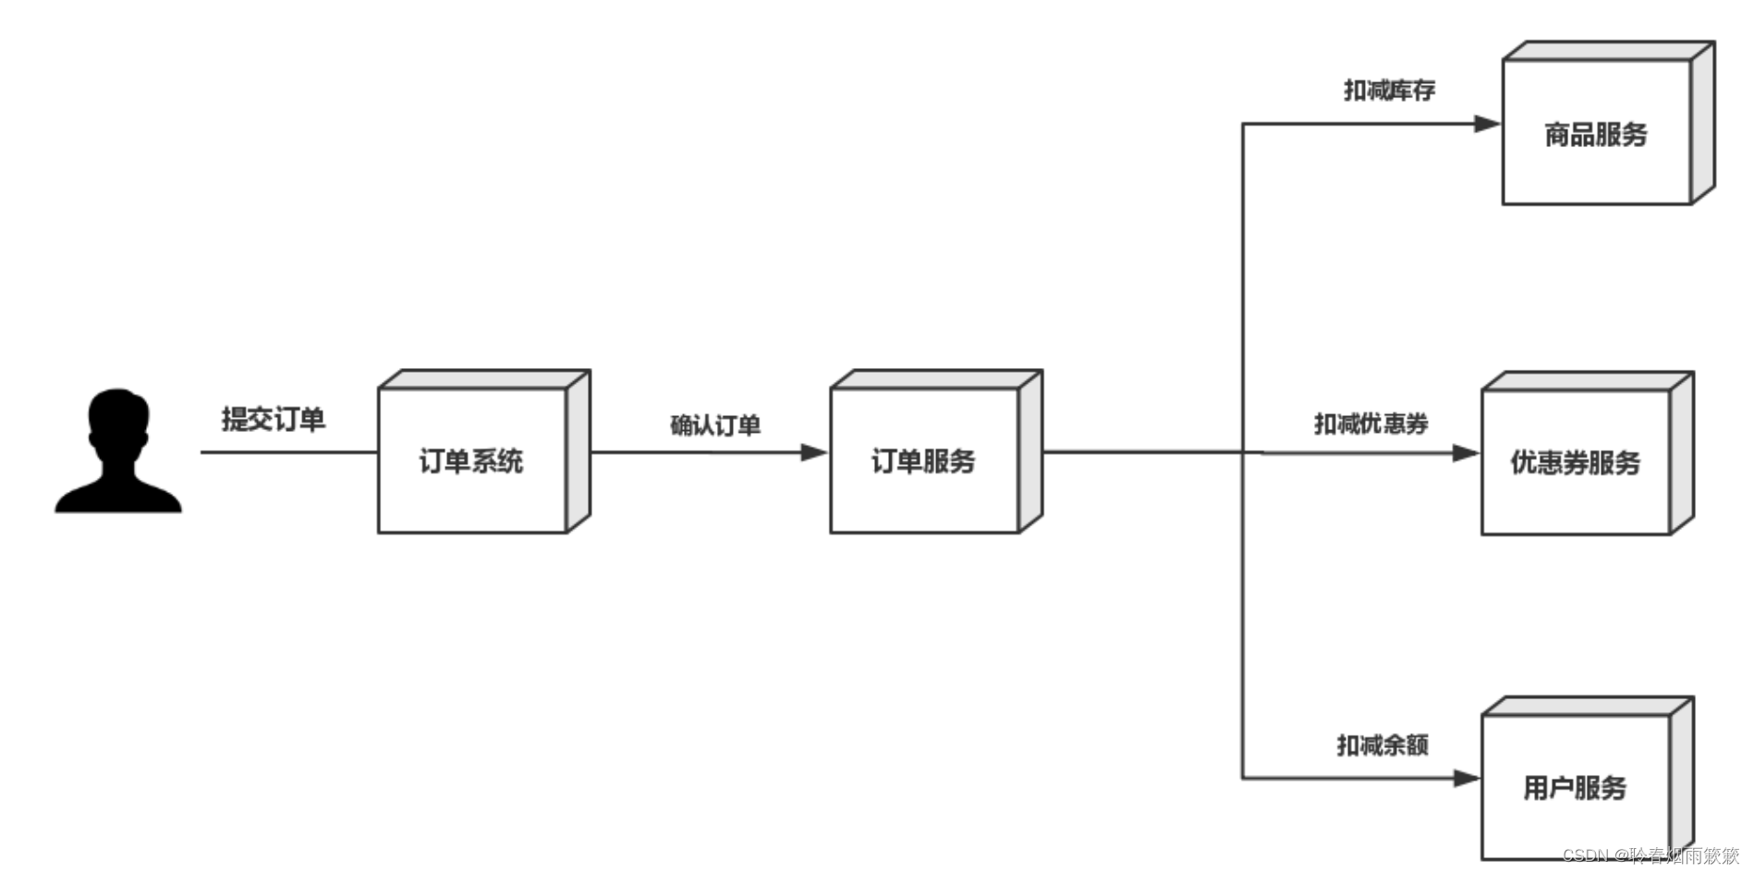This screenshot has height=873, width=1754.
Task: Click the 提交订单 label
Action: [274, 419]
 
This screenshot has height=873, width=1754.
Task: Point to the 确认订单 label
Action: [715, 425]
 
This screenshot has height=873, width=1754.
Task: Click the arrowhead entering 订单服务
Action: [814, 452]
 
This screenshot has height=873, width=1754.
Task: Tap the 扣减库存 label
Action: [1389, 90]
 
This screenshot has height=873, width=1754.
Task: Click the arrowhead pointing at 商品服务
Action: [1487, 124]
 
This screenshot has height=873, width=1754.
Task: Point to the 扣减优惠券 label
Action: [1371, 424]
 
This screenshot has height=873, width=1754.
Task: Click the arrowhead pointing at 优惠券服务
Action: [1467, 453]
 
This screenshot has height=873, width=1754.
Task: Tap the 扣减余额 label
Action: [1382, 744]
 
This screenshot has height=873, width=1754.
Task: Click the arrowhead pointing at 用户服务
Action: [1467, 779]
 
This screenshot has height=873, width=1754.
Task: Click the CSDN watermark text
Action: [1650, 855]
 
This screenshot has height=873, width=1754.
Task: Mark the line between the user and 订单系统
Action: [288, 452]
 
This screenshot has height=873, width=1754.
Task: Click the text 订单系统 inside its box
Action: [471, 461]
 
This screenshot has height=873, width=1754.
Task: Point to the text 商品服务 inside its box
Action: [1596, 135]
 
